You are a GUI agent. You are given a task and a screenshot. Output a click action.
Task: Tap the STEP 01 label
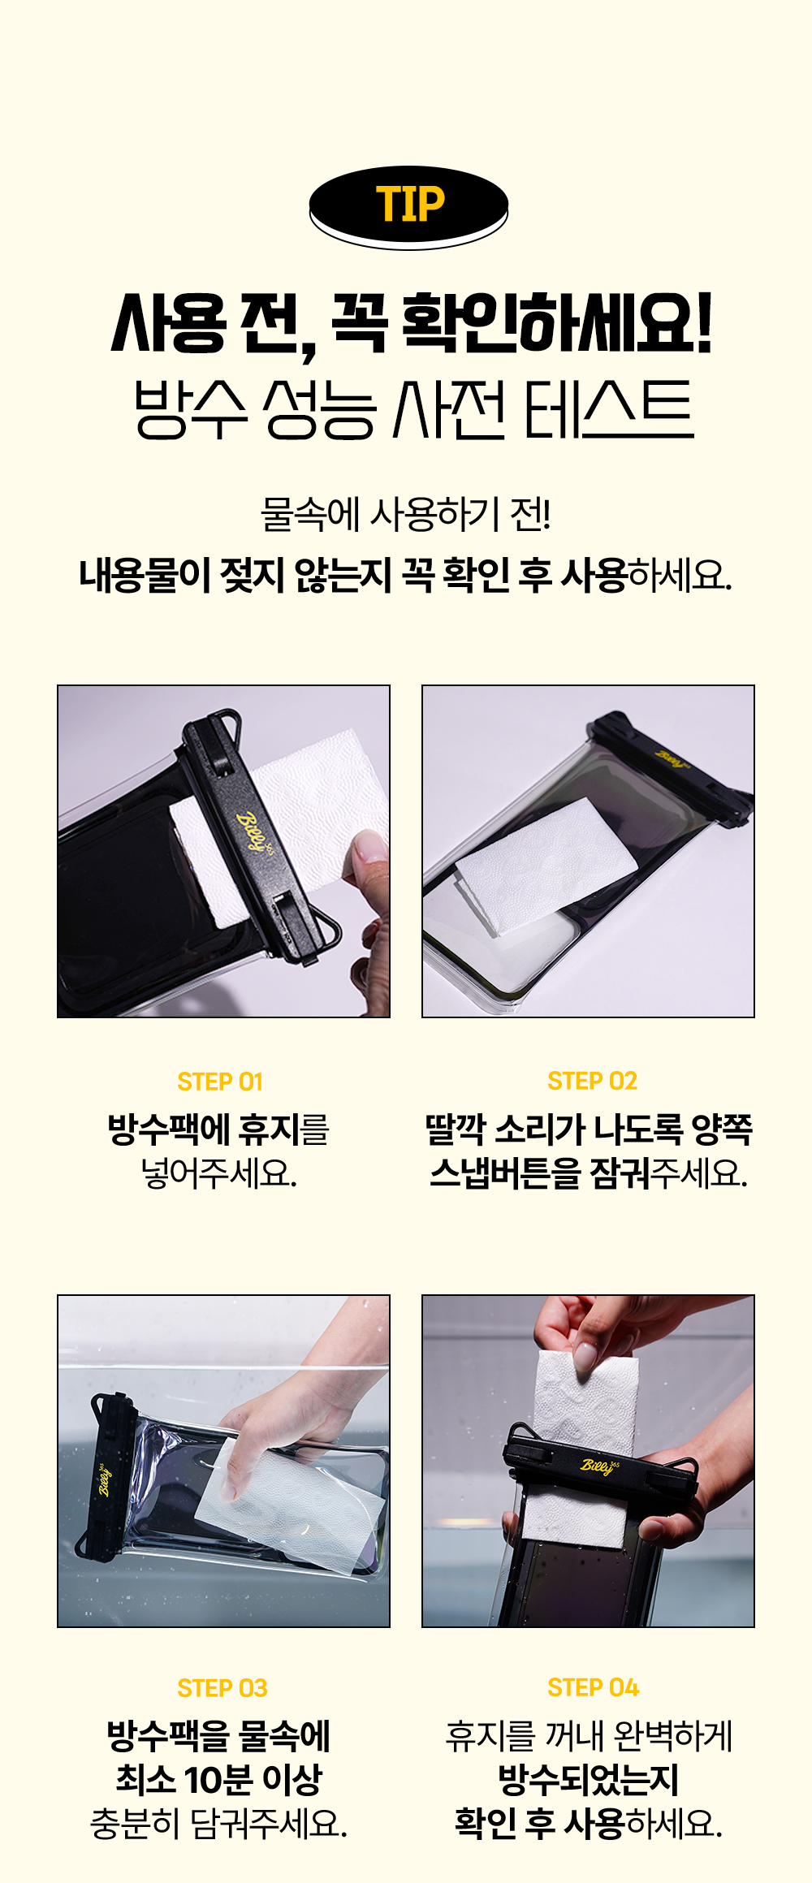point(220,1082)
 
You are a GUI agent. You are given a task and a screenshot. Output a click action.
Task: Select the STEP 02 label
point(592,1081)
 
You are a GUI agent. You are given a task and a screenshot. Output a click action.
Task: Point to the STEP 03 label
point(222,1688)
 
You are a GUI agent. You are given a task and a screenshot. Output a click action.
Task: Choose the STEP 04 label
point(593,1687)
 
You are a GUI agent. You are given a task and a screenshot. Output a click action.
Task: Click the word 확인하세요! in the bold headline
point(557,323)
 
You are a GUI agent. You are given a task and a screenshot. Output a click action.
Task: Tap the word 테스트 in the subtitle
point(609,409)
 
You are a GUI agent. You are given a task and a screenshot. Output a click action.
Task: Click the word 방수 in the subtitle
point(190,409)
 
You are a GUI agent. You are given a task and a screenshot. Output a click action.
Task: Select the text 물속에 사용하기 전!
point(406,514)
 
